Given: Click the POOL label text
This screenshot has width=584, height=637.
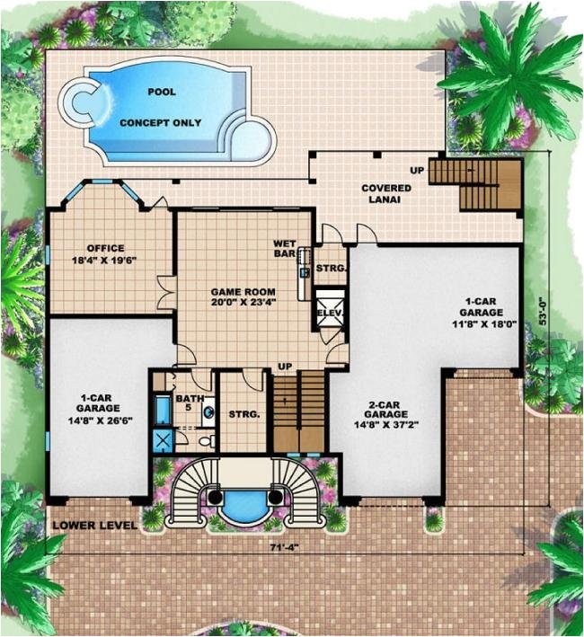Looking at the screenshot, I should (x=162, y=92).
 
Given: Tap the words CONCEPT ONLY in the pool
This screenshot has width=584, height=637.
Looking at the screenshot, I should (x=161, y=122).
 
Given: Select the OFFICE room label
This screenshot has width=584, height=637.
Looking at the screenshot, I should (x=105, y=248).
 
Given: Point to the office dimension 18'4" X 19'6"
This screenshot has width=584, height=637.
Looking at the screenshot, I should (x=105, y=261).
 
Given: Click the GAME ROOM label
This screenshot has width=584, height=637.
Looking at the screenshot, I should (x=243, y=293).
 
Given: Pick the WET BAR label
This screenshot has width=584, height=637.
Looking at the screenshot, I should (x=286, y=249).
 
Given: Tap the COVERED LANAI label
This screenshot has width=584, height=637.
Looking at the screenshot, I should (x=386, y=194).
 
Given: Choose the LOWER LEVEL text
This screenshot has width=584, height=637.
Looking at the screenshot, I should (x=94, y=525).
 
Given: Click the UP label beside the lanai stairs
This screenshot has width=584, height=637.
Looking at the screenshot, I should (x=417, y=169).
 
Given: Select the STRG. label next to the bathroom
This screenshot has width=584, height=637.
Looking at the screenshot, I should (x=243, y=414).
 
